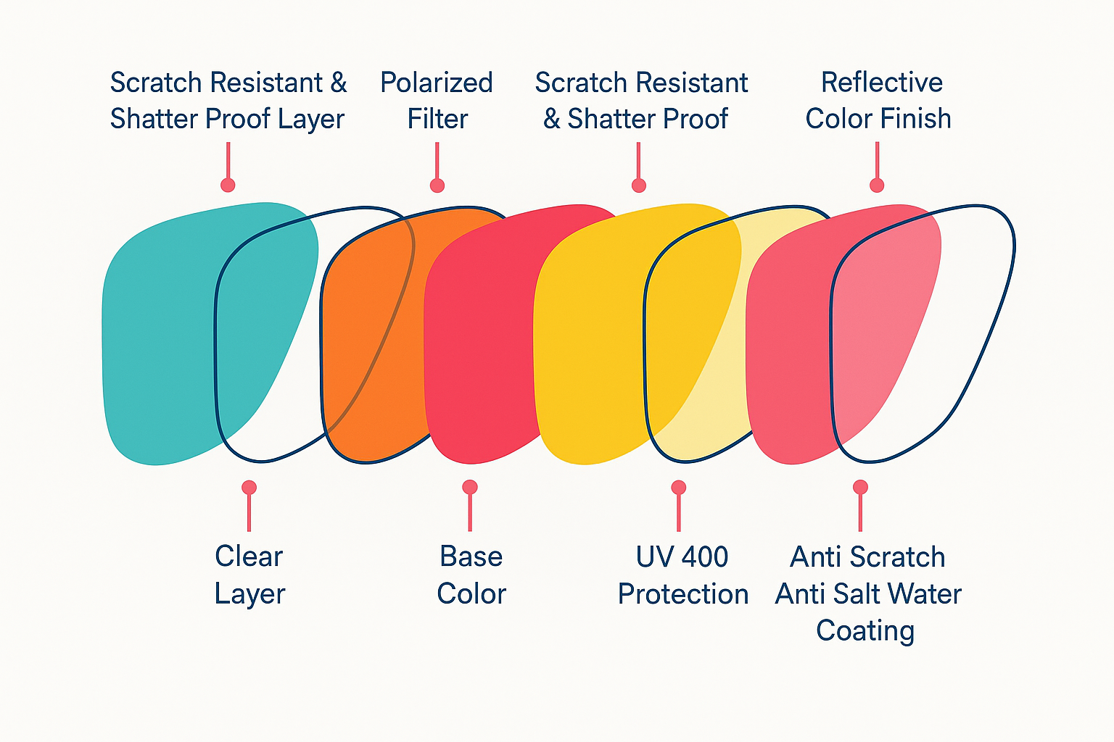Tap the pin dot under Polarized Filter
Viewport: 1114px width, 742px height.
pyautogui.click(x=437, y=185)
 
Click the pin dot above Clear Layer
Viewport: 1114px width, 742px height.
pyautogui.click(x=249, y=487)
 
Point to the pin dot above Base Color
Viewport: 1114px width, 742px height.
pyautogui.click(x=470, y=487)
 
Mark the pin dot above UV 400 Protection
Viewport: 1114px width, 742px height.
pyautogui.click(x=678, y=487)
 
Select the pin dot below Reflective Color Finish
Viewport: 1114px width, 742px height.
pyautogui.click(x=877, y=185)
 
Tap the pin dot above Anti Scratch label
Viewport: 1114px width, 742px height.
pyautogui.click(x=860, y=487)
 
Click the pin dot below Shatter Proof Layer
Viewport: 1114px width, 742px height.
pyautogui.click(x=228, y=185)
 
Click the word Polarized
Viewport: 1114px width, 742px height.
pyautogui.click(x=437, y=83)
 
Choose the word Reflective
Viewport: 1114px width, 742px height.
pyautogui.click(x=881, y=83)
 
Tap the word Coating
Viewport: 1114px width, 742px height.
pyautogui.click(x=865, y=630)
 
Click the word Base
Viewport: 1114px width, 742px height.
pyautogui.click(x=471, y=556)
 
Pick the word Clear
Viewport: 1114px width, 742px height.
pyautogui.click(x=249, y=556)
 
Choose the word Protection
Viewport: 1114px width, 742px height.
pyautogui.click(x=683, y=594)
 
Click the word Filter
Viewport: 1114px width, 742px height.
pyautogui.click(x=437, y=119)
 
